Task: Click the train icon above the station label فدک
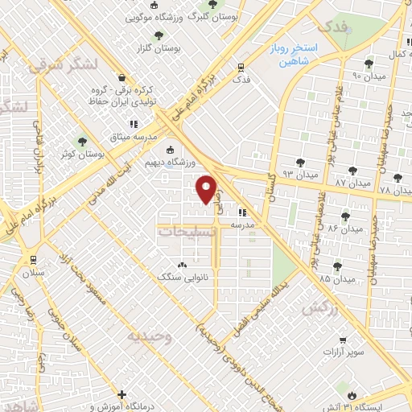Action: (x=241, y=68)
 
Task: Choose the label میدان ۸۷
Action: (x=352, y=183)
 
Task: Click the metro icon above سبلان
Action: (x=34, y=260)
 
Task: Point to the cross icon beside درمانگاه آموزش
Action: (x=122, y=395)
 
